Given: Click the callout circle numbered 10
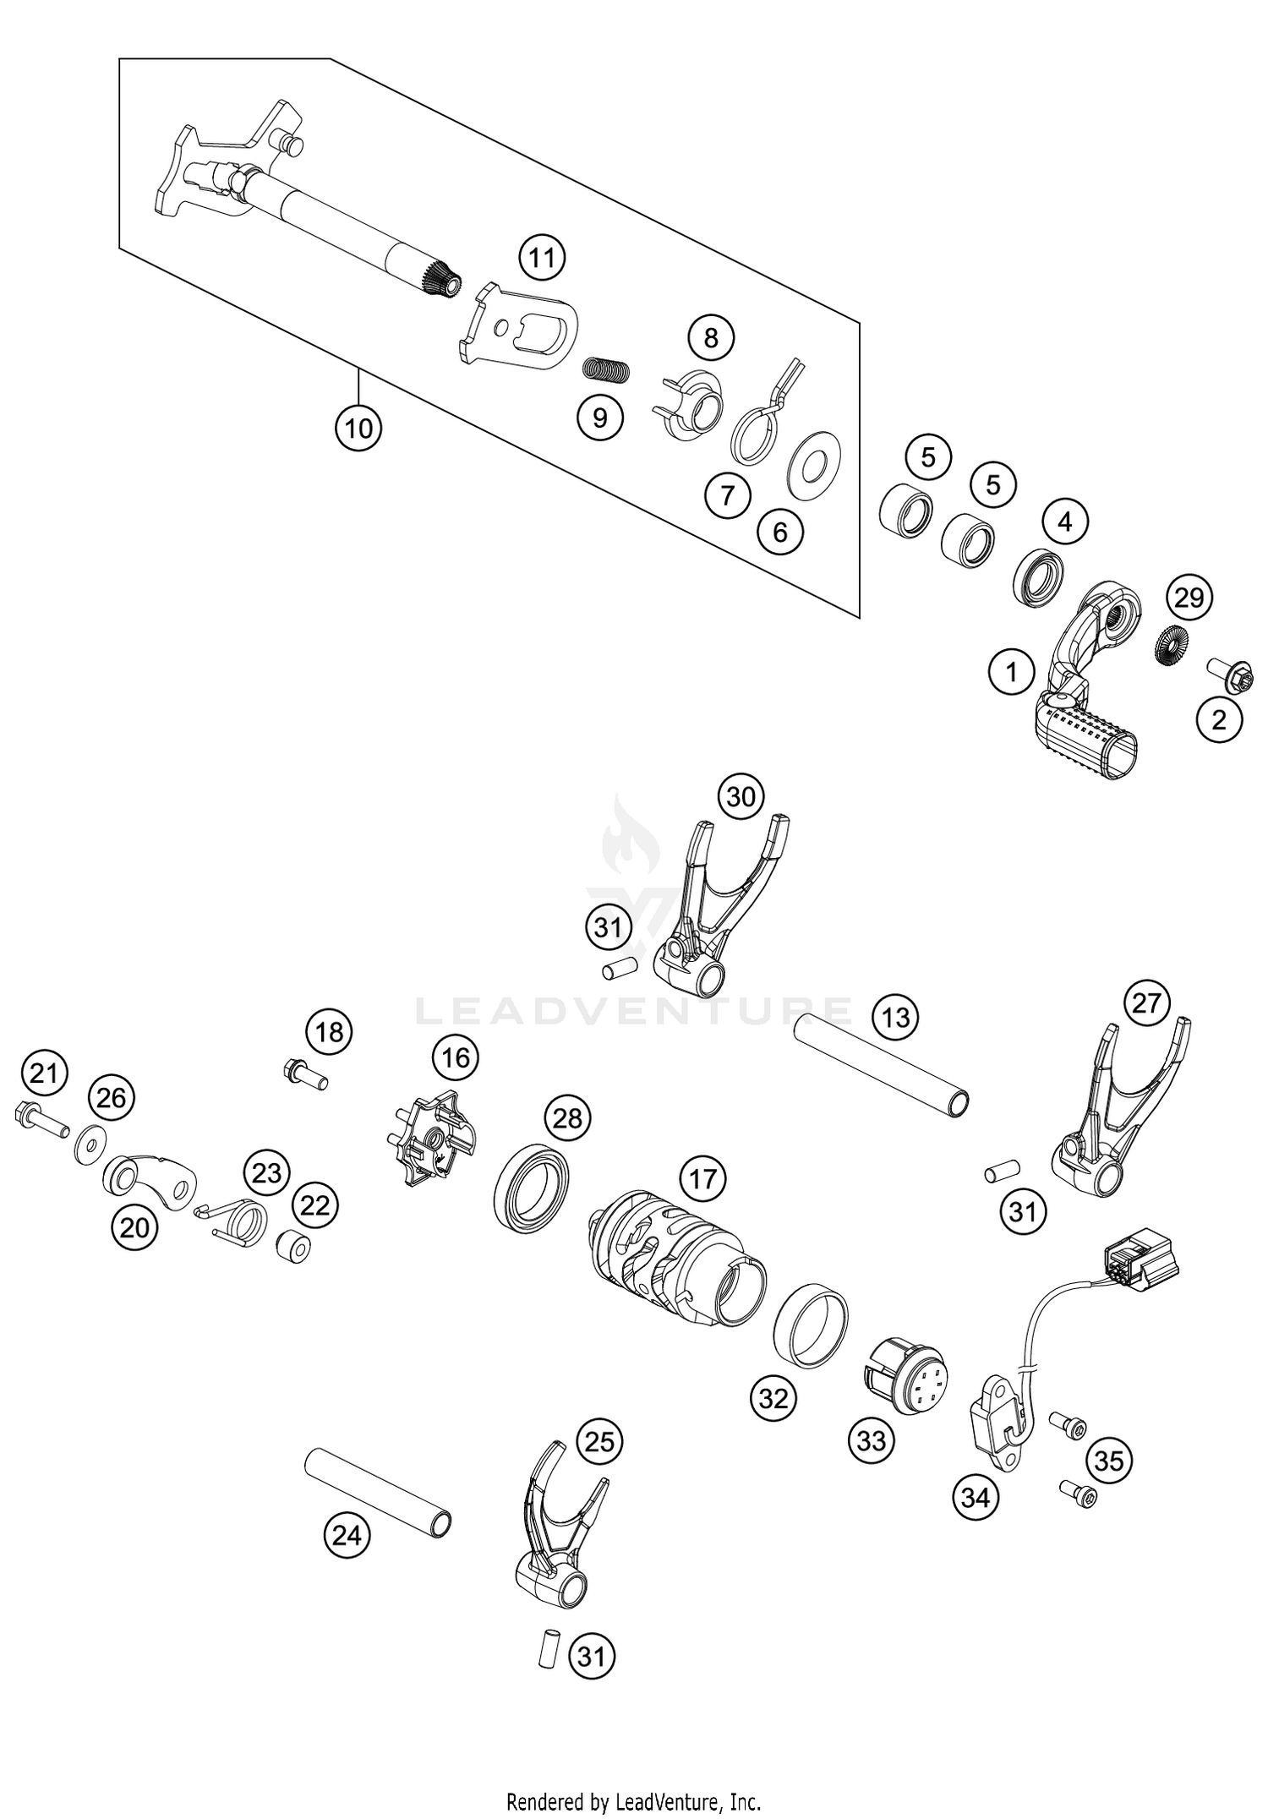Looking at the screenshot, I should pos(358,429).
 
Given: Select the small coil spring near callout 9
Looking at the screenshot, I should pos(607,369).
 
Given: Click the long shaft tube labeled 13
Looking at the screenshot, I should pos(882,1067).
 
